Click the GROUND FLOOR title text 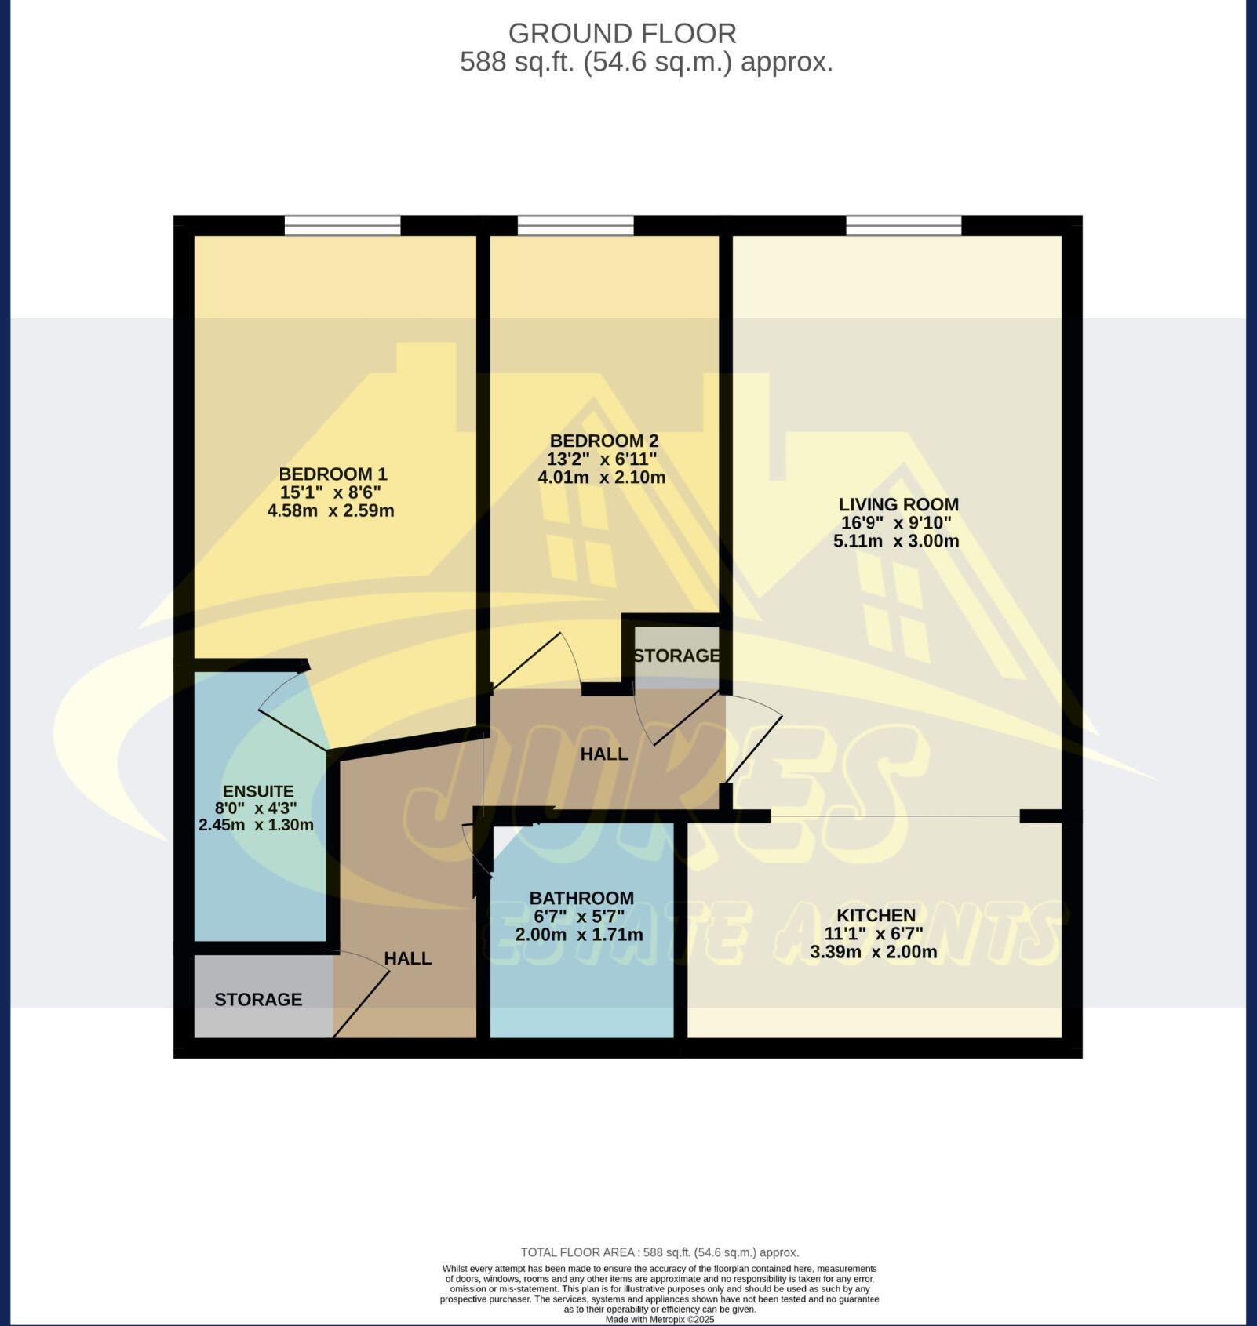coord(621,34)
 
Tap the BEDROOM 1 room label coord(333,474)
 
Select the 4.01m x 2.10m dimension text coord(601,478)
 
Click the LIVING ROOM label coord(898,504)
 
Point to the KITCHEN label coord(876,915)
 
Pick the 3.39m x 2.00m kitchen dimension coord(873,953)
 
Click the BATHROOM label coord(581,898)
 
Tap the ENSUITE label coord(258,791)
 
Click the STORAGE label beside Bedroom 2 coord(676,656)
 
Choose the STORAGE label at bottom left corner coord(258,1000)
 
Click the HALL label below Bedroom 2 coord(603,754)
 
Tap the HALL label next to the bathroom coord(407,958)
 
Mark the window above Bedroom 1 coord(342,226)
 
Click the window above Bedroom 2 coord(575,226)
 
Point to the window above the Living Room coord(903,226)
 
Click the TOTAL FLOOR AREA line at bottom coord(659,1252)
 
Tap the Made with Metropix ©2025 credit coord(659,1319)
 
